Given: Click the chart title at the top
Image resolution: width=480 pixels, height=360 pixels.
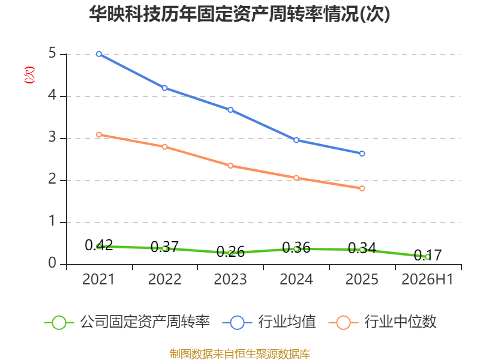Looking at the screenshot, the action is (239, 14).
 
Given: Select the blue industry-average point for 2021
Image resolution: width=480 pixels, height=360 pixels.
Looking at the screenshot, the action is (99, 54).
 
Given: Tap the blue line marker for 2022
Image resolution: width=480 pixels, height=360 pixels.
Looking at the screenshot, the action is (164, 88).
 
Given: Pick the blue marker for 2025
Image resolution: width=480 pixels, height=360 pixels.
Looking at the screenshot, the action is (362, 154).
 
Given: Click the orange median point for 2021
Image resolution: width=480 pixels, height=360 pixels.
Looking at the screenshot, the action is (99, 134).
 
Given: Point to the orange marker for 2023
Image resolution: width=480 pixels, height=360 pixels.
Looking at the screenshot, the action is (230, 166).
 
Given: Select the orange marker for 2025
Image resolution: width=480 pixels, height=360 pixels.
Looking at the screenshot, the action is (362, 188).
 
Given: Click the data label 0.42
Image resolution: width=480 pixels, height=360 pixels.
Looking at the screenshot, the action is (99, 245).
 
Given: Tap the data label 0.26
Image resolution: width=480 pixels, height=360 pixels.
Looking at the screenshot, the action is (230, 252).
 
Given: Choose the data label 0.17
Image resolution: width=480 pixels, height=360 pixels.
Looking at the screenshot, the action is (428, 255).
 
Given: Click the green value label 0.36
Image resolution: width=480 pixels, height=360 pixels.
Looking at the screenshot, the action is (296, 247).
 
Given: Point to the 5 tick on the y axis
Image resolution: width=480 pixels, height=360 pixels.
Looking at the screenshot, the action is (52, 53).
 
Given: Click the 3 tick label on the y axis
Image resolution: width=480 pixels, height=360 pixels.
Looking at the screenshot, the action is (52, 137).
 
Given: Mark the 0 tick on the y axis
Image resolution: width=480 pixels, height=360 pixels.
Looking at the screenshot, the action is (52, 263).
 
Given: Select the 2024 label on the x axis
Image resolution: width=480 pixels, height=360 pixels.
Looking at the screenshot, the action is (296, 279).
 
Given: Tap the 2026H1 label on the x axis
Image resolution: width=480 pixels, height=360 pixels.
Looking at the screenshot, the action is (427, 279).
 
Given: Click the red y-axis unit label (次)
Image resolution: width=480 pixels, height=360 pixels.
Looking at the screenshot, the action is (29, 75).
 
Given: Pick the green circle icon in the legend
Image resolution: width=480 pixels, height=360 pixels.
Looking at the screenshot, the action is (59, 323).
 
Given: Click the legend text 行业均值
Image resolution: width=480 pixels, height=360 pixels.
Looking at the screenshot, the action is (287, 322).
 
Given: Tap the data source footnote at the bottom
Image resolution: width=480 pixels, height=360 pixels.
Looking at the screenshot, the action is (240, 354).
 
